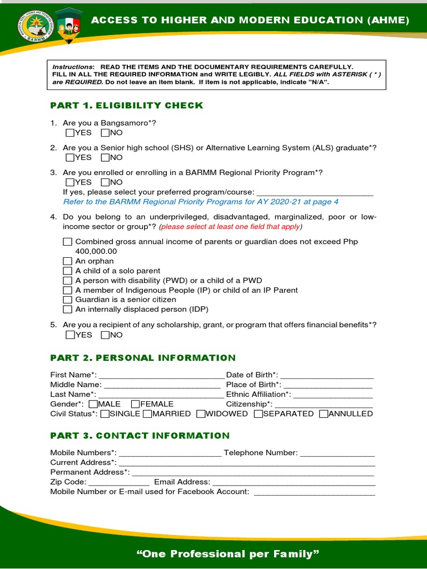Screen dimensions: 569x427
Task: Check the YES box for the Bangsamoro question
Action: pos(69,133)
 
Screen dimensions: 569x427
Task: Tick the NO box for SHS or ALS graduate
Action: pos(105,158)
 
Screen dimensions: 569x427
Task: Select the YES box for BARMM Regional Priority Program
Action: pos(69,182)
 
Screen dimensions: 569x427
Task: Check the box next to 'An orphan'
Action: pos(67,261)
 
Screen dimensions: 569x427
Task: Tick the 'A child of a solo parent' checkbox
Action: pos(67,271)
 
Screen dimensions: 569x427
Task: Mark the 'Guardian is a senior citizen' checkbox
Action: pos(67,300)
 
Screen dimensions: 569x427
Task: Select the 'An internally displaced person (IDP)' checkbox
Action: pos(67,310)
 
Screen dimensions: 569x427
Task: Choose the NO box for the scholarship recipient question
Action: pos(105,335)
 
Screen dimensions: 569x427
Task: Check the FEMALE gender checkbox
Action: pos(135,404)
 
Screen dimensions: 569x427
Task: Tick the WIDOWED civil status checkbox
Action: pos(201,414)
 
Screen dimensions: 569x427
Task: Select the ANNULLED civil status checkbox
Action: pos(323,414)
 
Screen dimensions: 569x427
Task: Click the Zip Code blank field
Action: pos(119,482)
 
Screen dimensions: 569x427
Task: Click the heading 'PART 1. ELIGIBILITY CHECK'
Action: pos(127,106)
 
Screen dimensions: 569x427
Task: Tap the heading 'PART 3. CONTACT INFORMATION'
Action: pos(140,436)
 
